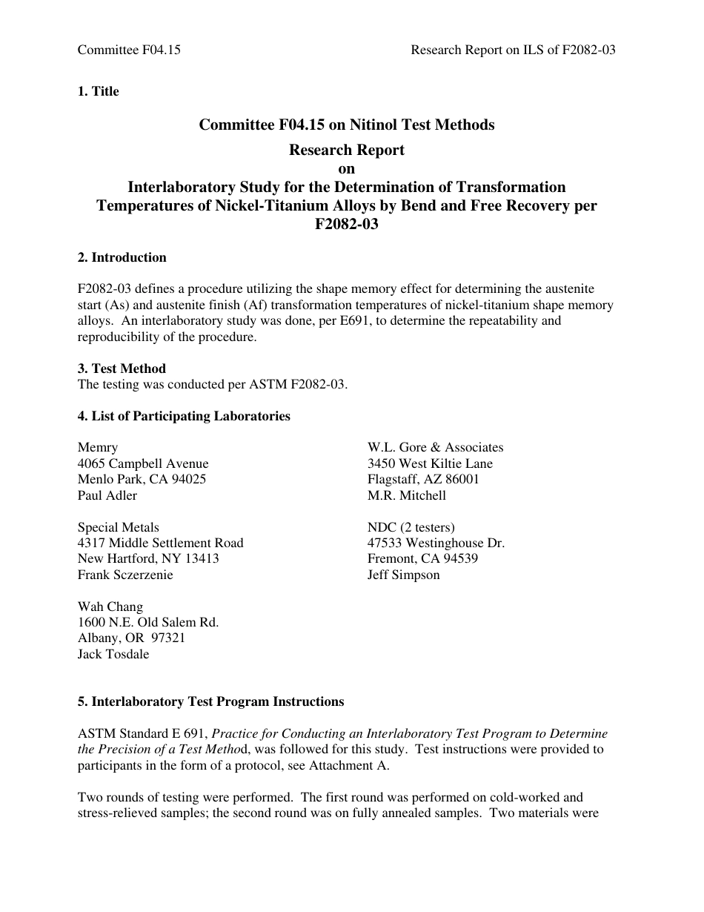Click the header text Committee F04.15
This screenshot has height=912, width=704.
129,50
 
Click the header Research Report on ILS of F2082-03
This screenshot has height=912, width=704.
513,50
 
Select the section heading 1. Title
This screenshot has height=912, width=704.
98,91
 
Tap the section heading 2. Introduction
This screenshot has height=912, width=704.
122,257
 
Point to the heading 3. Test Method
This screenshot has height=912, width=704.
122,369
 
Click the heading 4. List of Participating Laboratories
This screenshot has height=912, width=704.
184,416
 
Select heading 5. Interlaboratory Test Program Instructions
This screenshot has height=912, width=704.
210,701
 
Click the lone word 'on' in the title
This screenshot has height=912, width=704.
346,168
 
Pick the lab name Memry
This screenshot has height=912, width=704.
98,447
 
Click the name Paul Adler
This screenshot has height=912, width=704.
107,495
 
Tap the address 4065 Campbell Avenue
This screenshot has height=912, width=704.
143,463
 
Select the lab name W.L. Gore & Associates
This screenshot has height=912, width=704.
435,447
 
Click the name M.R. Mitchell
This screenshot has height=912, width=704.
407,495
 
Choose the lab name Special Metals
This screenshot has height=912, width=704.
119,527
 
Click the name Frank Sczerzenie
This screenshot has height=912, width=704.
125,575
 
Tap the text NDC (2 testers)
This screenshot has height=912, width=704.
411,527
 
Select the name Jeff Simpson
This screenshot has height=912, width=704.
403,575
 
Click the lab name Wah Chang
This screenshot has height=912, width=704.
110,607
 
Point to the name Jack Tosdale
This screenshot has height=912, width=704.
113,654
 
